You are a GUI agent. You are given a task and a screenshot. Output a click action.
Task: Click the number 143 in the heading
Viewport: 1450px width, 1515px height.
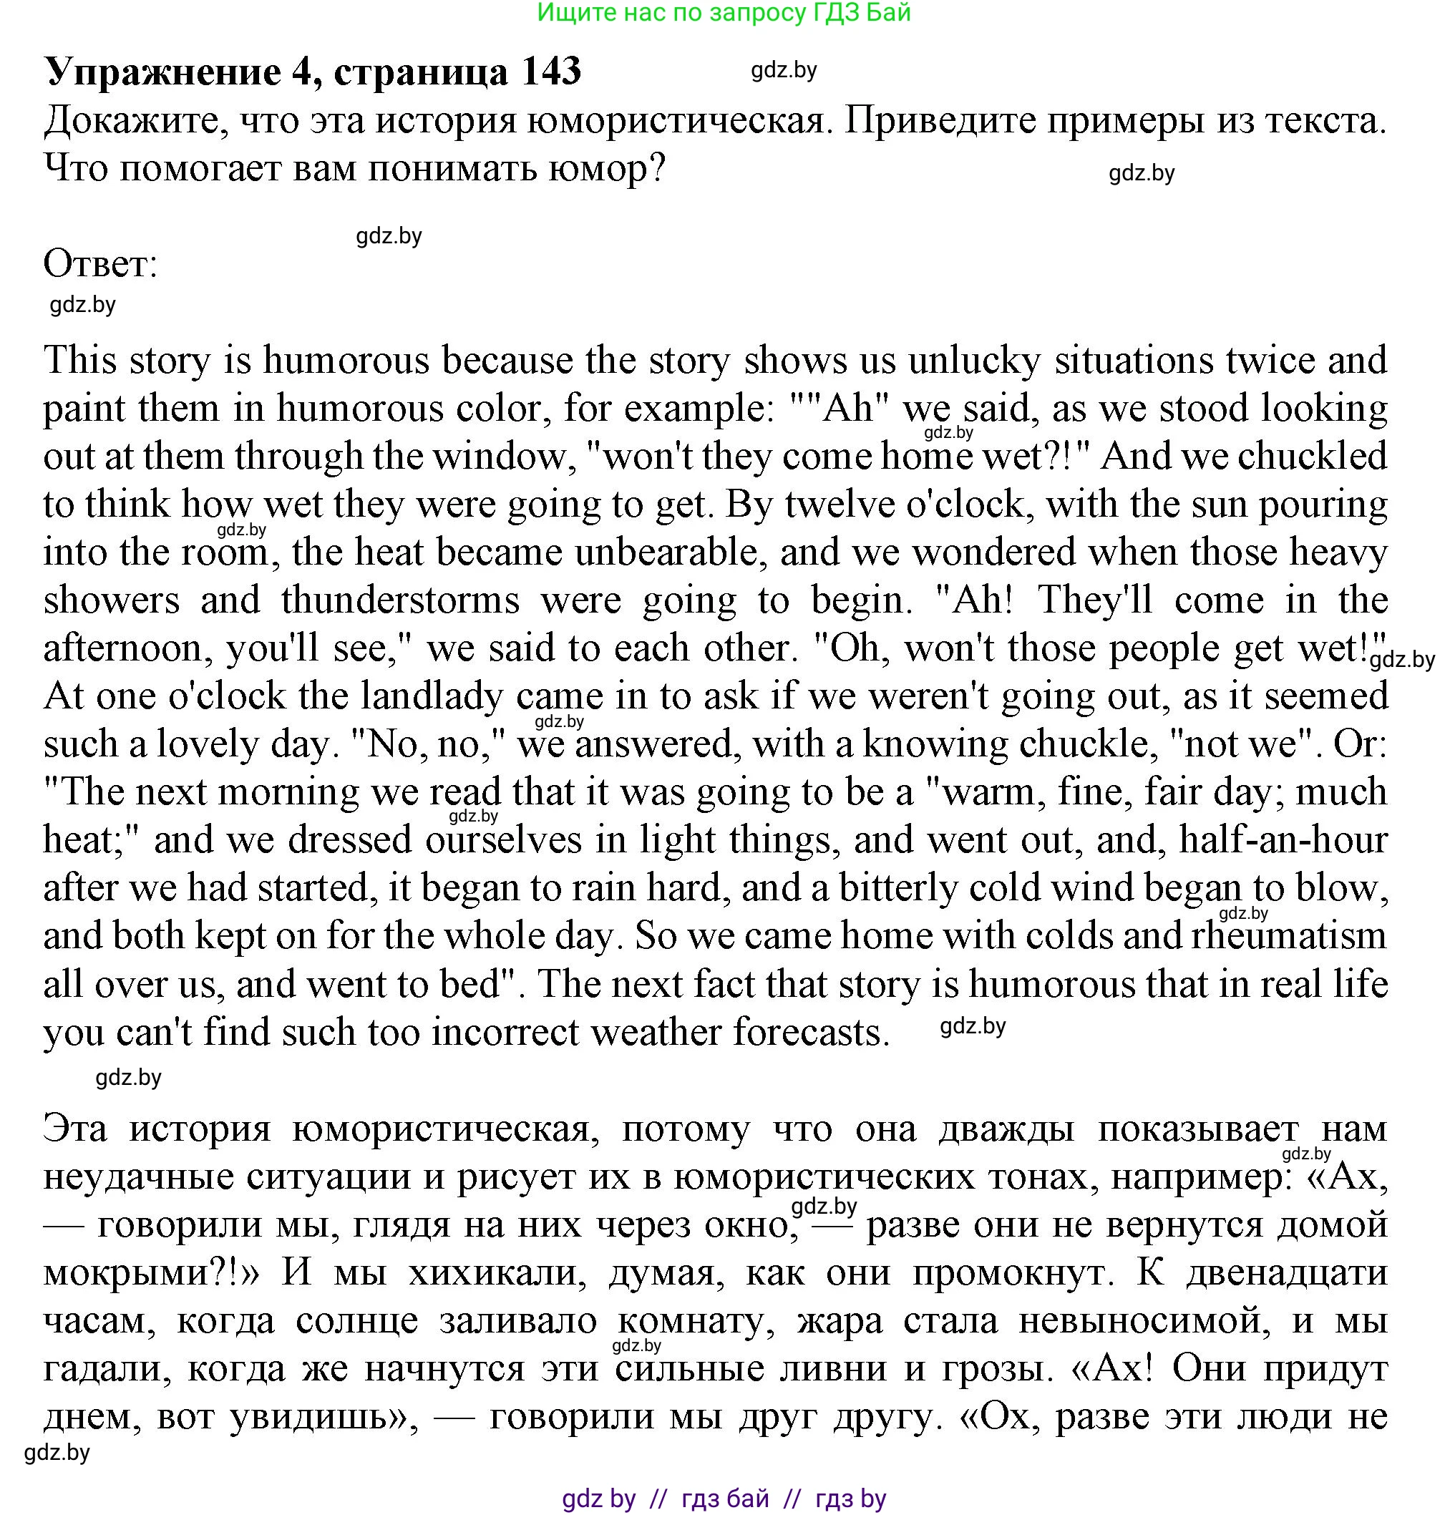pos(551,71)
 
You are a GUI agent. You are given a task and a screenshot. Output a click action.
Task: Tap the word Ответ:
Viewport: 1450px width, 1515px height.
pos(100,264)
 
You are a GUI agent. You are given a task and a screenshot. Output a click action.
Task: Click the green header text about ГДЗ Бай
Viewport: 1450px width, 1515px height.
pos(724,12)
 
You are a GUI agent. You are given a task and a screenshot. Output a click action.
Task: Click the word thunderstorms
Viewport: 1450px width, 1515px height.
pos(400,600)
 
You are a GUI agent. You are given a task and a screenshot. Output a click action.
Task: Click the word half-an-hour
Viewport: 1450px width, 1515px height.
pos(1283,840)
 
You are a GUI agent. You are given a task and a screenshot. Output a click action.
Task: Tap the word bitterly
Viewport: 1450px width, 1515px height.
pos(899,888)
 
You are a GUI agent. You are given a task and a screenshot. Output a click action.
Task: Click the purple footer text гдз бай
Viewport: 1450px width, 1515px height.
pos(725,1499)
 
